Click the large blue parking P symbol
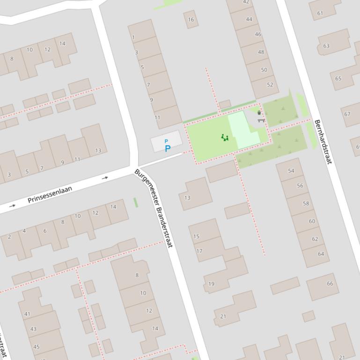click(x=167, y=149)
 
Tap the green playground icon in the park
click(x=225, y=137)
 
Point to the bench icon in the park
click(x=261, y=120)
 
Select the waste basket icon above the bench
click(x=259, y=113)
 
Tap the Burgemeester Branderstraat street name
click(x=154, y=208)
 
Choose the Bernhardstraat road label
click(x=323, y=142)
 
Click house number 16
click(x=191, y=20)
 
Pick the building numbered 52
click(x=270, y=85)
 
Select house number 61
click(x=320, y=13)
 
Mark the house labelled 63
click(x=326, y=46)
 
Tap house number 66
click(x=330, y=283)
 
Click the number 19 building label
click(x=211, y=284)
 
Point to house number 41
click(x=27, y=314)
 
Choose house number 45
click(x=36, y=347)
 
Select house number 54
click(x=291, y=171)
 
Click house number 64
click(x=321, y=254)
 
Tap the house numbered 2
click(x=9, y=237)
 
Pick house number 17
click(x=199, y=251)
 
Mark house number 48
click(x=261, y=52)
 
